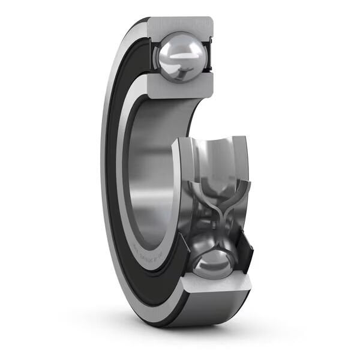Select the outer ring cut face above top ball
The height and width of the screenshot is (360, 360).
[x=180, y=25]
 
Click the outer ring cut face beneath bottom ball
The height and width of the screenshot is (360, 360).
[x=216, y=287]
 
